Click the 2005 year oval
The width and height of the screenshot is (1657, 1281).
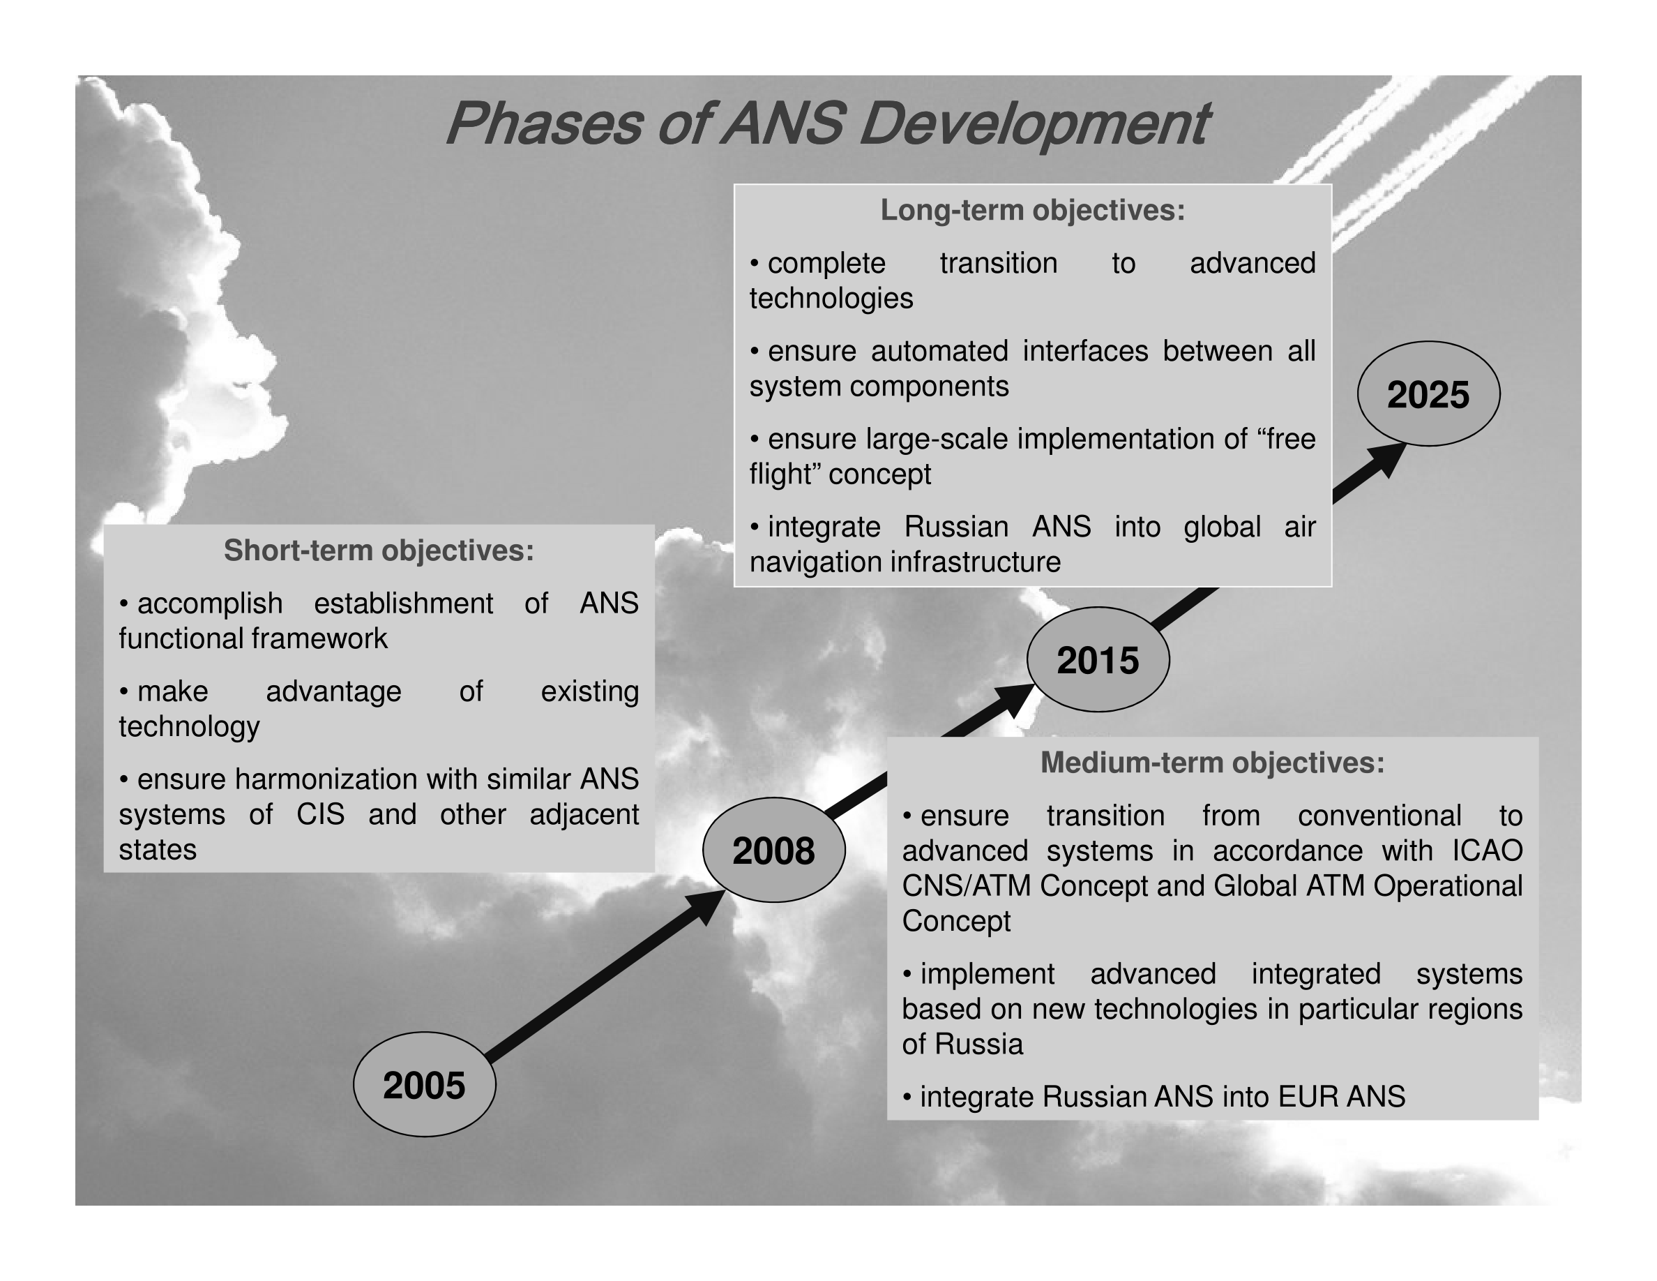click(424, 1084)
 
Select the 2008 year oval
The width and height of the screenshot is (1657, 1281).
click(774, 850)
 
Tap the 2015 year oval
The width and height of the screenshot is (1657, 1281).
click(1098, 659)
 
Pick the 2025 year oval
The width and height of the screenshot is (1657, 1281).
click(1429, 394)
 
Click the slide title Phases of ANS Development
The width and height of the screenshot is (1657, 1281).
click(827, 123)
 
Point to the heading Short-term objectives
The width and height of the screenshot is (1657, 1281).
click(379, 551)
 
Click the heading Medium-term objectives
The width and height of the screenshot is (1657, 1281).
click(1212, 763)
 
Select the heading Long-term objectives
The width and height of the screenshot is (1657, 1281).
click(1033, 210)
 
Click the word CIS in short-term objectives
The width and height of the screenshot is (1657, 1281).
click(320, 814)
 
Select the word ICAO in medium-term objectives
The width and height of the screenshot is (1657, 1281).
click(1487, 851)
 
